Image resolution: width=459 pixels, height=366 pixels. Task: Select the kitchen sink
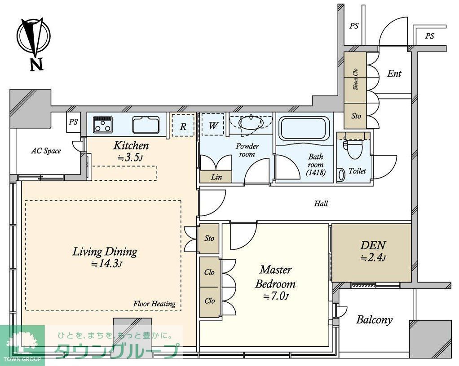[x=146, y=124]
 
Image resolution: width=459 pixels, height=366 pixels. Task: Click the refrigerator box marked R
[x=183, y=125]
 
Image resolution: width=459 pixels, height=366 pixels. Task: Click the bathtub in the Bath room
[x=304, y=128]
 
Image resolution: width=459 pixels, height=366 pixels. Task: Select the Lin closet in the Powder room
[x=216, y=177]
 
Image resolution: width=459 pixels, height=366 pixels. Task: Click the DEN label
[x=372, y=246]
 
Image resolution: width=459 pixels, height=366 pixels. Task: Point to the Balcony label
[x=374, y=320]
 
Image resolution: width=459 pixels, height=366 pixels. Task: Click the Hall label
[x=321, y=204]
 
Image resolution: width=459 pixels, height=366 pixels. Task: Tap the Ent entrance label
[x=394, y=74]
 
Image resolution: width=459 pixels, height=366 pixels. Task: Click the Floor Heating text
[x=154, y=304]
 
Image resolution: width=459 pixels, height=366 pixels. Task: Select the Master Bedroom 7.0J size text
[x=276, y=296]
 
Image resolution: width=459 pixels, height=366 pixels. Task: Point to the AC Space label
[x=46, y=151]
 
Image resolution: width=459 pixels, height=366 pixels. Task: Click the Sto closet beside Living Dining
[x=209, y=238]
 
